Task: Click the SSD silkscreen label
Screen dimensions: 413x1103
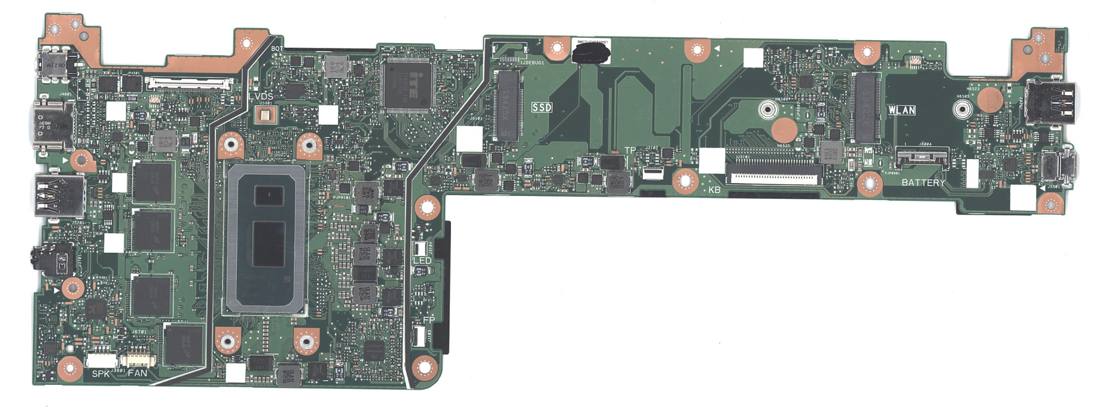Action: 542,107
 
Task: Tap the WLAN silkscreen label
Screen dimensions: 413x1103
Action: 901,110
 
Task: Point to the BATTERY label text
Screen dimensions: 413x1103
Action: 923,183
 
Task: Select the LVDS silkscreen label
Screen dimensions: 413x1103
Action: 261,96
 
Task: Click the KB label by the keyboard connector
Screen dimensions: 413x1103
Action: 714,190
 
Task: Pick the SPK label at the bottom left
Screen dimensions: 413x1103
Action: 101,373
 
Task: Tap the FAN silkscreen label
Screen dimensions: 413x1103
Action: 137,373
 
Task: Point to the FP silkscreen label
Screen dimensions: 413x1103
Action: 429,319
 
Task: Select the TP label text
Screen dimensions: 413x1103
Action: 630,150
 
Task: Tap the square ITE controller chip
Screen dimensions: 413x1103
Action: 407,84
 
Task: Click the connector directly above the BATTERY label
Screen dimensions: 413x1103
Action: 921,156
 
